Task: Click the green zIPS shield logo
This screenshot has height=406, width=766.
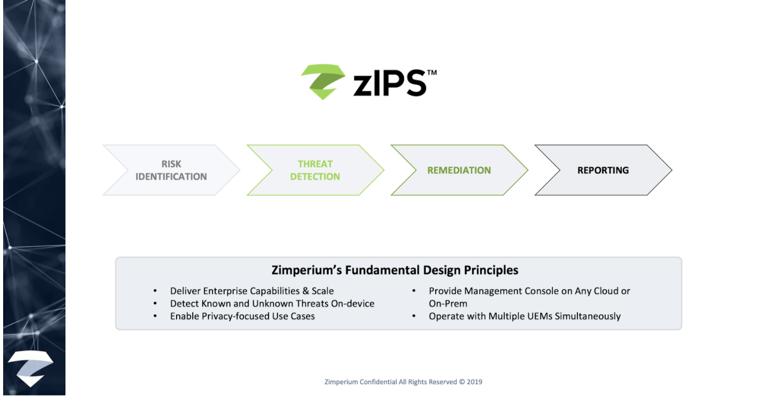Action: (323, 81)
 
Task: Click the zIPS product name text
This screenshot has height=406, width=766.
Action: (390, 83)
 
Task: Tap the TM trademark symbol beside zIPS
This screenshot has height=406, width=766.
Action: (432, 73)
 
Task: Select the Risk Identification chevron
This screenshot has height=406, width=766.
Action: (171, 170)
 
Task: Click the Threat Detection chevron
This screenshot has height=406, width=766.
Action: (315, 170)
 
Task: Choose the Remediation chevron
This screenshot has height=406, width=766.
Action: (459, 170)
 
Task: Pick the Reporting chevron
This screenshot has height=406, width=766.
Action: (603, 170)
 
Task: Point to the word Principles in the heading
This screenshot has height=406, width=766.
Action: (491, 270)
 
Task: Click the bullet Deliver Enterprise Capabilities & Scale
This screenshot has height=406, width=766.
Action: (252, 291)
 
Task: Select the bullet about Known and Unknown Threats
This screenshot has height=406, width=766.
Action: (272, 304)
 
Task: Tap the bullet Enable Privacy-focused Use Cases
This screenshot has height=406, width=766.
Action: (242, 316)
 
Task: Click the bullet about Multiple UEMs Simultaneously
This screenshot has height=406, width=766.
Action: (525, 316)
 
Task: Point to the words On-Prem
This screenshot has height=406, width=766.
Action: (448, 304)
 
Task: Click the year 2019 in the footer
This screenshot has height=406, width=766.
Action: (474, 382)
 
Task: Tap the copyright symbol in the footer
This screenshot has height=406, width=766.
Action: (462, 382)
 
